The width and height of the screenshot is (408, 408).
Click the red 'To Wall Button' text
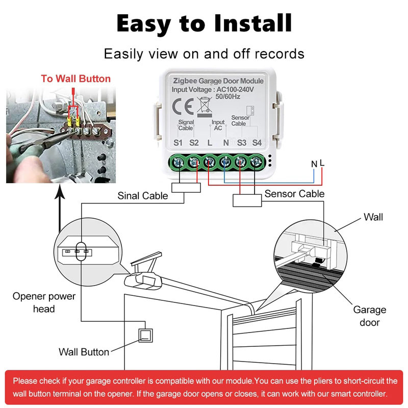point(75,79)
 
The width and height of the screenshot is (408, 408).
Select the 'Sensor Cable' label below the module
point(294,194)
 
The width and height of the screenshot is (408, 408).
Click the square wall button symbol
point(146,335)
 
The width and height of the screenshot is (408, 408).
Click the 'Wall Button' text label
point(84,352)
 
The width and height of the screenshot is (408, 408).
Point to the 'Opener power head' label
point(44,302)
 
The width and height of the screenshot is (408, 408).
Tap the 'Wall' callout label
point(373,217)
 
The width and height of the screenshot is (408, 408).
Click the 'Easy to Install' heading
point(204,23)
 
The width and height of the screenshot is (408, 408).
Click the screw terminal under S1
point(178,163)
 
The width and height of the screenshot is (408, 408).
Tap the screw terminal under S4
point(257,163)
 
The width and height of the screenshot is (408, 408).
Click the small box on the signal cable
point(183,188)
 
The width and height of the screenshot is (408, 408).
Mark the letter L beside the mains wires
point(322,163)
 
